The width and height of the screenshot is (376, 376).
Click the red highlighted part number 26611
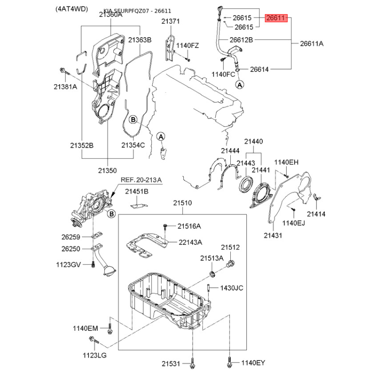[x=276, y=18]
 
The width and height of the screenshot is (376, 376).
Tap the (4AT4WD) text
[x=72, y=9]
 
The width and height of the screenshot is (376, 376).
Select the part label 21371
[x=171, y=21]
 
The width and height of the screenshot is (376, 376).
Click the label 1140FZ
[x=188, y=46]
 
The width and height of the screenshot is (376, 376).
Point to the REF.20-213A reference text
[x=141, y=180]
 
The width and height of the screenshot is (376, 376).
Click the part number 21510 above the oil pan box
[x=182, y=203]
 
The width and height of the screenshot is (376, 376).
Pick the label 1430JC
[x=232, y=288]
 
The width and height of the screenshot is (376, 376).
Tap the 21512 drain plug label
[x=230, y=247]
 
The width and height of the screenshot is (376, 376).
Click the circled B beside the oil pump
[x=111, y=214]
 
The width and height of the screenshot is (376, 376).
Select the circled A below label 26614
[x=240, y=85]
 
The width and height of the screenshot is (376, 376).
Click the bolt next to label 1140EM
[x=110, y=328]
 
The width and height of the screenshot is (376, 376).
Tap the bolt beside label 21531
[x=192, y=363]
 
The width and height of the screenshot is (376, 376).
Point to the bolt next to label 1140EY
[x=229, y=362]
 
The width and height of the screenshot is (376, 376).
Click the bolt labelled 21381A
[x=64, y=71]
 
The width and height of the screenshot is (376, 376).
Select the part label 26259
[x=71, y=237]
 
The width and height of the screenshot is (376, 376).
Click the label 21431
[x=273, y=235]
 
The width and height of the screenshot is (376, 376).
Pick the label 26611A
[x=312, y=44]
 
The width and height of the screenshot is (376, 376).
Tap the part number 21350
[x=108, y=171]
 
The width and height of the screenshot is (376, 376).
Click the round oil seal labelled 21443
[x=246, y=184]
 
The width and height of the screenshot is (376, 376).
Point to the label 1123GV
[x=68, y=265]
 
